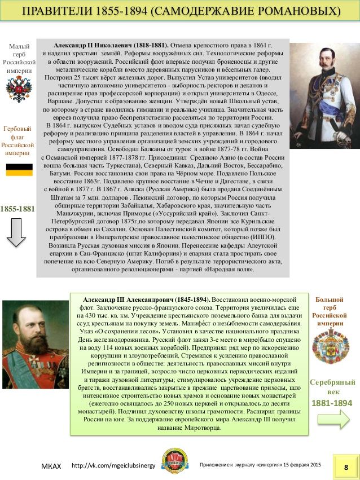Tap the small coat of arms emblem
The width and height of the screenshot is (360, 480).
pos(18,90)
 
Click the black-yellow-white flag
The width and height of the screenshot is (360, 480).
pos(19,169)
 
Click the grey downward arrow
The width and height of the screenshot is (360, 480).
pos(18,232)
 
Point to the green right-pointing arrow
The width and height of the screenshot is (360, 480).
pos(333,420)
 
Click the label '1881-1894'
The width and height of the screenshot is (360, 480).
pos(332,403)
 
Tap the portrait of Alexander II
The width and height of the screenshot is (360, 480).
pos(324,95)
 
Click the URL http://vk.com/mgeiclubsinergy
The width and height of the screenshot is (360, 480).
pos(113,466)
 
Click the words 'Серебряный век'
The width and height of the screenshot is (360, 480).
pos(332,387)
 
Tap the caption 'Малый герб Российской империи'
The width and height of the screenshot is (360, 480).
pos(19,59)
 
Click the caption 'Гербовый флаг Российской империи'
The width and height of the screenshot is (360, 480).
pos(19,141)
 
